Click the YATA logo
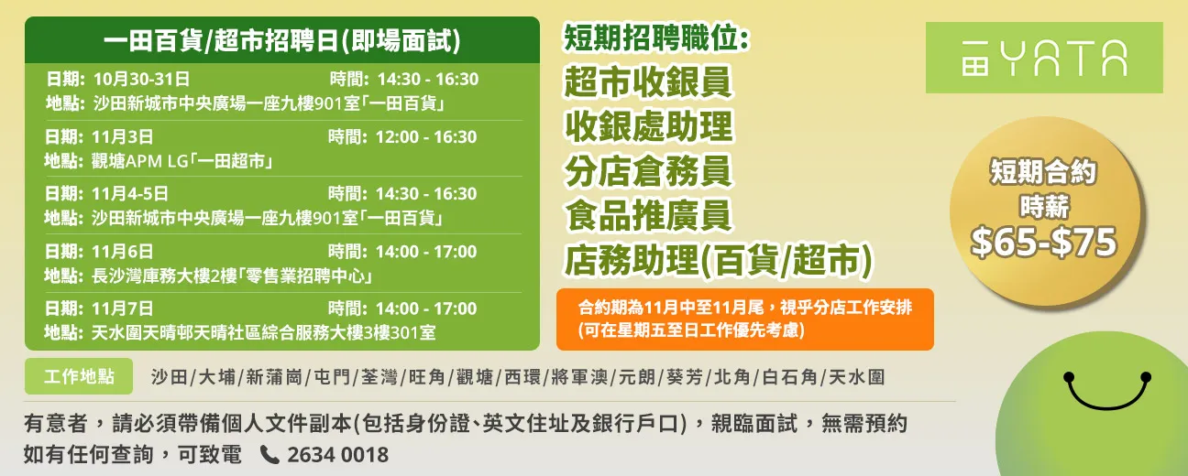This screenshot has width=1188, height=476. pos(1044,58)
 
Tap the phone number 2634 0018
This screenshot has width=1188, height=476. pos(337,455)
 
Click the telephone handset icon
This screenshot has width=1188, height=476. pos(269,454)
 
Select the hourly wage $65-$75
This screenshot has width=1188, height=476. pos(1043,242)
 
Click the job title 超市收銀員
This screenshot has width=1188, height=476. pos(647,82)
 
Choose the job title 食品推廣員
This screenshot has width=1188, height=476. pos(647,216)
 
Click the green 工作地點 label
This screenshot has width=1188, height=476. pos(80,376)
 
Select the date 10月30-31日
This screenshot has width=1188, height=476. pos(141,80)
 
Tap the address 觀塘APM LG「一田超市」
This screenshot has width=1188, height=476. pos(184,161)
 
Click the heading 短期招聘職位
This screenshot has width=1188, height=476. pos(656,38)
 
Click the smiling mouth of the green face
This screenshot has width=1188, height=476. pos(1107,395)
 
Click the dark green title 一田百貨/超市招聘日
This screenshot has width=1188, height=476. pos(281,40)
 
